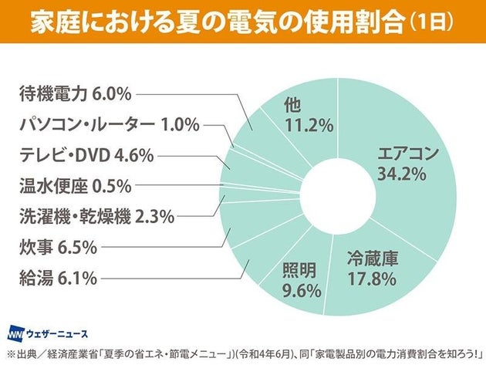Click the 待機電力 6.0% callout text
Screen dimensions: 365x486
(75, 93)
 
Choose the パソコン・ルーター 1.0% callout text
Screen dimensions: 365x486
(108, 123)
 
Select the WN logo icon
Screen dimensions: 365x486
(15, 334)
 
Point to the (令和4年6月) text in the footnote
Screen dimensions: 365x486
(268, 354)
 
